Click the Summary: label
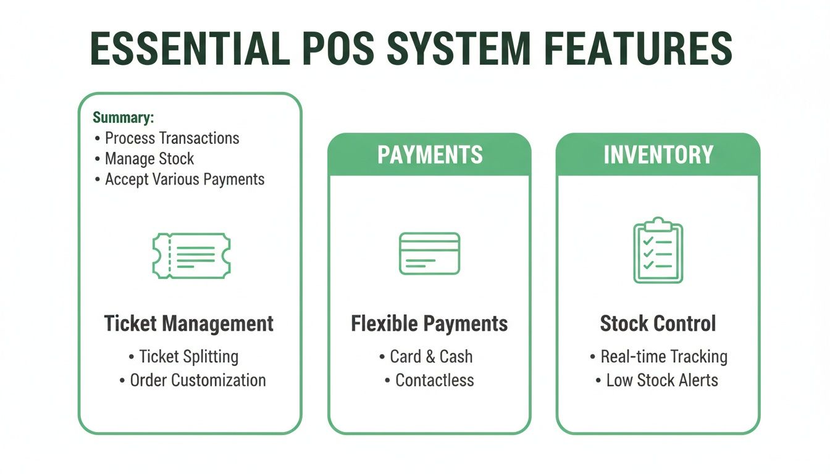[x=124, y=117]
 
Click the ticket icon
[x=191, y=255]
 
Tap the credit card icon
[x=429, y=253]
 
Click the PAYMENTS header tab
[x=430, y=155]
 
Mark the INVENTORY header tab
[x=658, y=155]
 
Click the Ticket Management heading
[x=189, y=323]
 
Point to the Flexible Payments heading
[x=429, y=323]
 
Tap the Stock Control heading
[x=658, y=323]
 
